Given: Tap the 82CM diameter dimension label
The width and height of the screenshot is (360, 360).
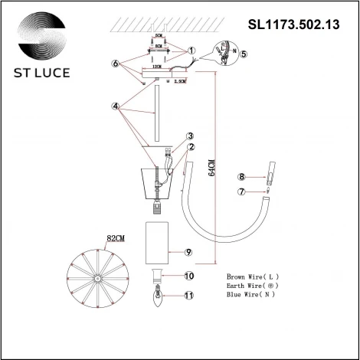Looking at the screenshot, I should [116, 239].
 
